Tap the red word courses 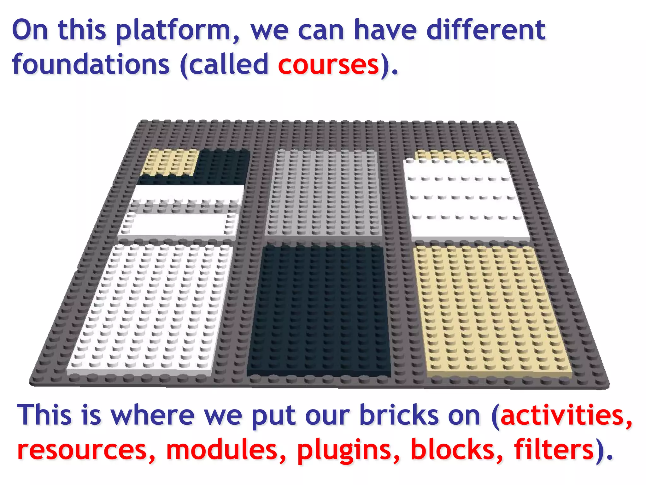pyautogui.click(x=328, y=65)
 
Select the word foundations pyautogui.click(x=91, y=65)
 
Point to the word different pyautogui.click(x=486, y=30)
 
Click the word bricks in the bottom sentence pyautogui.click(x=399, y=415)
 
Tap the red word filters pyautogui.click(x=554, y=450)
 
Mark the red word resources pyautogui.click(x=82, y=450)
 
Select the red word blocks pyautogui.click(x=452, y=450)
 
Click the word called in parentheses pyautogui.click(x=228, y=65)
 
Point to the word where pyautogui.click(x=153, y=415)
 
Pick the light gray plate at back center pyautogui.click(x=323, y=193)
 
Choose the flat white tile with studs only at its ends pyautogui.click(x=178, y=224)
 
